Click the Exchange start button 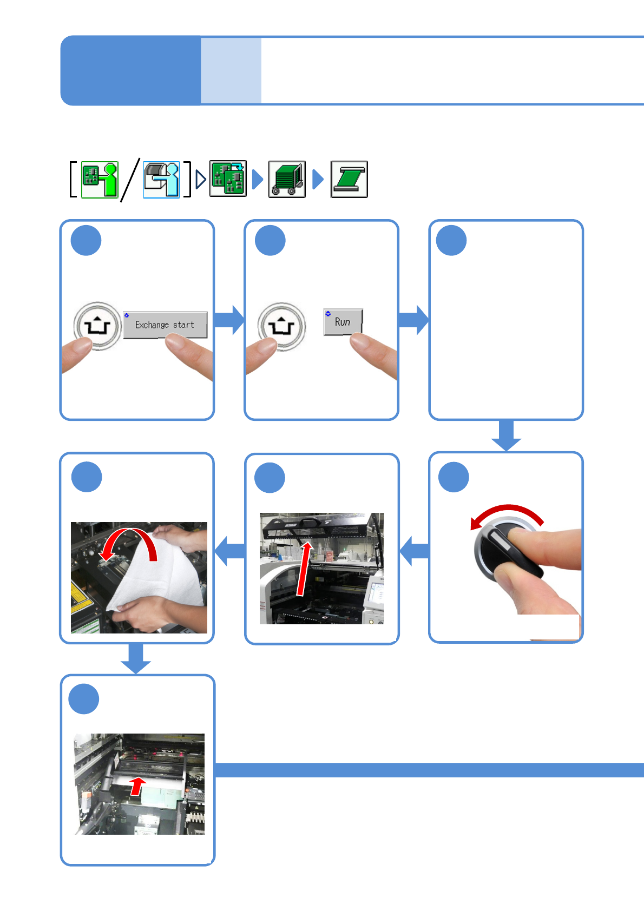click(165, 325)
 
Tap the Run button click(343, 322)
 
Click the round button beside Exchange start click(97, 326)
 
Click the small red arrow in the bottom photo click(138, 785)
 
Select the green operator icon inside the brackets click(100, 180)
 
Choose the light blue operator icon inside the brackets click(161, 180)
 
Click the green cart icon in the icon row click(287, 179)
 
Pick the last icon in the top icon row click(349, 179)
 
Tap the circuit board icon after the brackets click(228, 179)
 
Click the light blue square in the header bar click(231, 70)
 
